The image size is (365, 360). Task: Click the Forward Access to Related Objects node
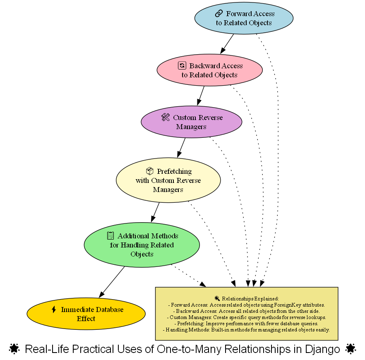click(x=244, y=18)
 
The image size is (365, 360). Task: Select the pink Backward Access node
click(x=209, y=70)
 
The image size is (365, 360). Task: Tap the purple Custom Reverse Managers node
click(x=191, y=122)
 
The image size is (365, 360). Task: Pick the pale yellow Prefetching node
click(x=168, y=180)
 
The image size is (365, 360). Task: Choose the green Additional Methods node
click(x=142, y=245)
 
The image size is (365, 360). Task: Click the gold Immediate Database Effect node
click(x=86, y=314)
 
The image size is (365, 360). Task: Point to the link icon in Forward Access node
click(x=219, y=14)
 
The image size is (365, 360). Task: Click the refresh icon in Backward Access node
click(x=182, y=65)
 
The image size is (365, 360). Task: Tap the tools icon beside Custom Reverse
click(x=166, y=118)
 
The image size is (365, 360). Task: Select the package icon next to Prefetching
click(x=150, y=171)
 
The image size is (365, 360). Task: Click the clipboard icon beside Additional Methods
click(x=110, y=235)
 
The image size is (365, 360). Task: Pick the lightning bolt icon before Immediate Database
click(x=53, y=310)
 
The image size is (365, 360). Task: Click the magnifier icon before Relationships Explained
click(x=217, y=298)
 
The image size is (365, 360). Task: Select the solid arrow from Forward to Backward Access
click(x=227, y=43)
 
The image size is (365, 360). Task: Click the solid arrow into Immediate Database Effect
click(x=112, y=281)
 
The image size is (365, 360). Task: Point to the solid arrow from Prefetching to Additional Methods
click(x=155, y=212)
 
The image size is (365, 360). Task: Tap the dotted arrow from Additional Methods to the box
click(x=188, y=276)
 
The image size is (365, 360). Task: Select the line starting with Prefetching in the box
click(x=246, y=323)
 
